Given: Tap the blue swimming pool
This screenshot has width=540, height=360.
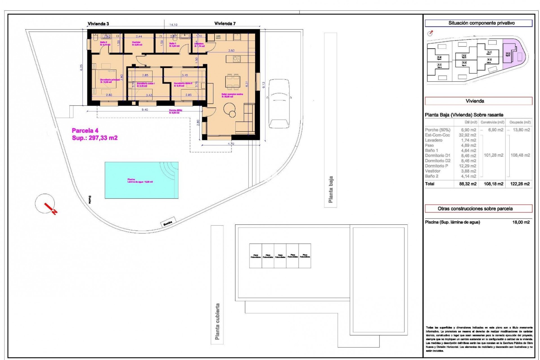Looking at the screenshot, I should click(x=141, y=180).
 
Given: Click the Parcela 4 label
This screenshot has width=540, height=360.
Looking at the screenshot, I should click(x=85, y=130).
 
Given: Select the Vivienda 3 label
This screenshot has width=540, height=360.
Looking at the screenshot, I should click(x=98, y=24).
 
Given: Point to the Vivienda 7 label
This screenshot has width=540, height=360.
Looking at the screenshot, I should click(x=225, y=24).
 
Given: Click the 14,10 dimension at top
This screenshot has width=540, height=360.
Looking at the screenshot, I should click(x=173, y=25).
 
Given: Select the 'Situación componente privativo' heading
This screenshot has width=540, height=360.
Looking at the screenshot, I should click(x=478, y=23).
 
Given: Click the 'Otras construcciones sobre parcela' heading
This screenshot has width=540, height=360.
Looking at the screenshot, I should click(x=478, y=209).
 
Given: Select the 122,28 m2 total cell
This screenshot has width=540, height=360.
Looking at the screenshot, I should click(x=520, y=184).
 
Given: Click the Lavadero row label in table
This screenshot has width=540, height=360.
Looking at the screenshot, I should click(x=434, y=140).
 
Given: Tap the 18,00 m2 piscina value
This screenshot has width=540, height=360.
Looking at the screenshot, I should click(x=521, y=222).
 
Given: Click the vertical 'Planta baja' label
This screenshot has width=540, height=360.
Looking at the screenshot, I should click(x=331, y=190).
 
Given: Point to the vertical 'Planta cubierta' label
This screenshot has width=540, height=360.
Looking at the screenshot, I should click(x=217, y=321).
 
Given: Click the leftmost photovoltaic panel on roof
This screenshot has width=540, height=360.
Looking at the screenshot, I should click(x=256, y=256).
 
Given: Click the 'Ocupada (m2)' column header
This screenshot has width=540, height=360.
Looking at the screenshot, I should click(x=520, y=122).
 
